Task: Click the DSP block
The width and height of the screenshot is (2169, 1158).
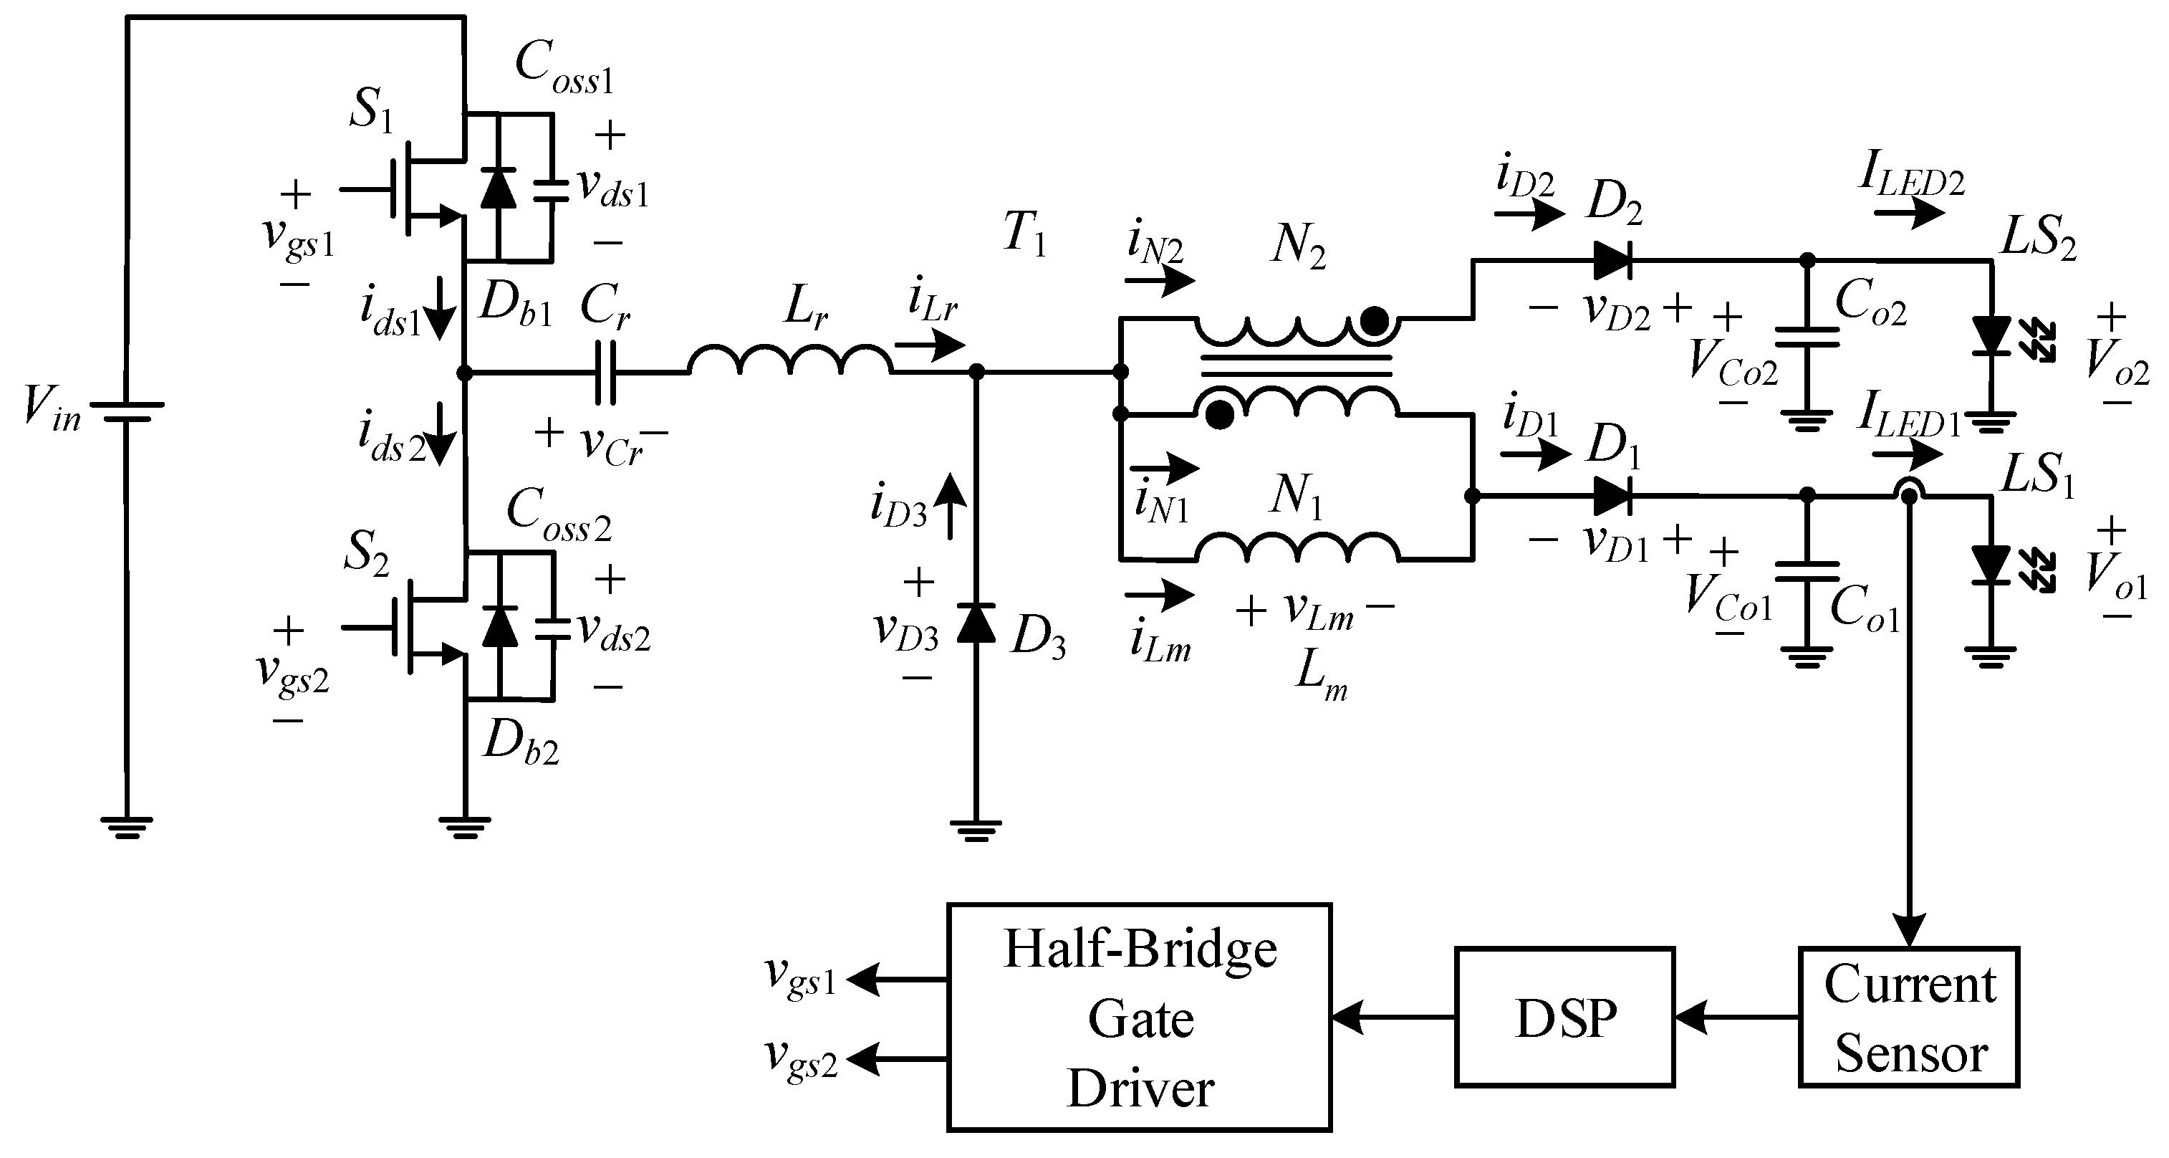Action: (x=1564, y=1018)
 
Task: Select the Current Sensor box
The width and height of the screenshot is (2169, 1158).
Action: (x=1910, y=1018)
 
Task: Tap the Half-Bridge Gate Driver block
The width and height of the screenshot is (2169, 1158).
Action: (x=1139, y=1018)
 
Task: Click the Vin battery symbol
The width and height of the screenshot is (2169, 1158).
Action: (x=126, y=411)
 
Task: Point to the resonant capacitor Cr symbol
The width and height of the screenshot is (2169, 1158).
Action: (x=605, y=371)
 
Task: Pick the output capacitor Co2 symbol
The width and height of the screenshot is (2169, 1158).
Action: (x=1807, y=337)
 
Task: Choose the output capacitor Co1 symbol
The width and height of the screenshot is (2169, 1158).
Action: (x=1807, y=572)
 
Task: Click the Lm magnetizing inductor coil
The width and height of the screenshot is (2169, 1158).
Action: (x=1297, y=546)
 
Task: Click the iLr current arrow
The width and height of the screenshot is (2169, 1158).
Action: (x=930, y=344)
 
